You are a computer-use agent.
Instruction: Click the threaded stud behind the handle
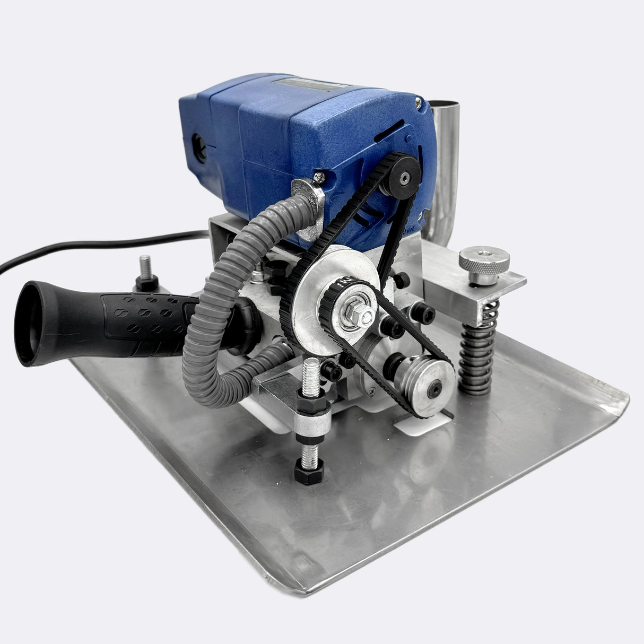coord(144,265)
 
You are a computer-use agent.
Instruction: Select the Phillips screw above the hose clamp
coord(319,176)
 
